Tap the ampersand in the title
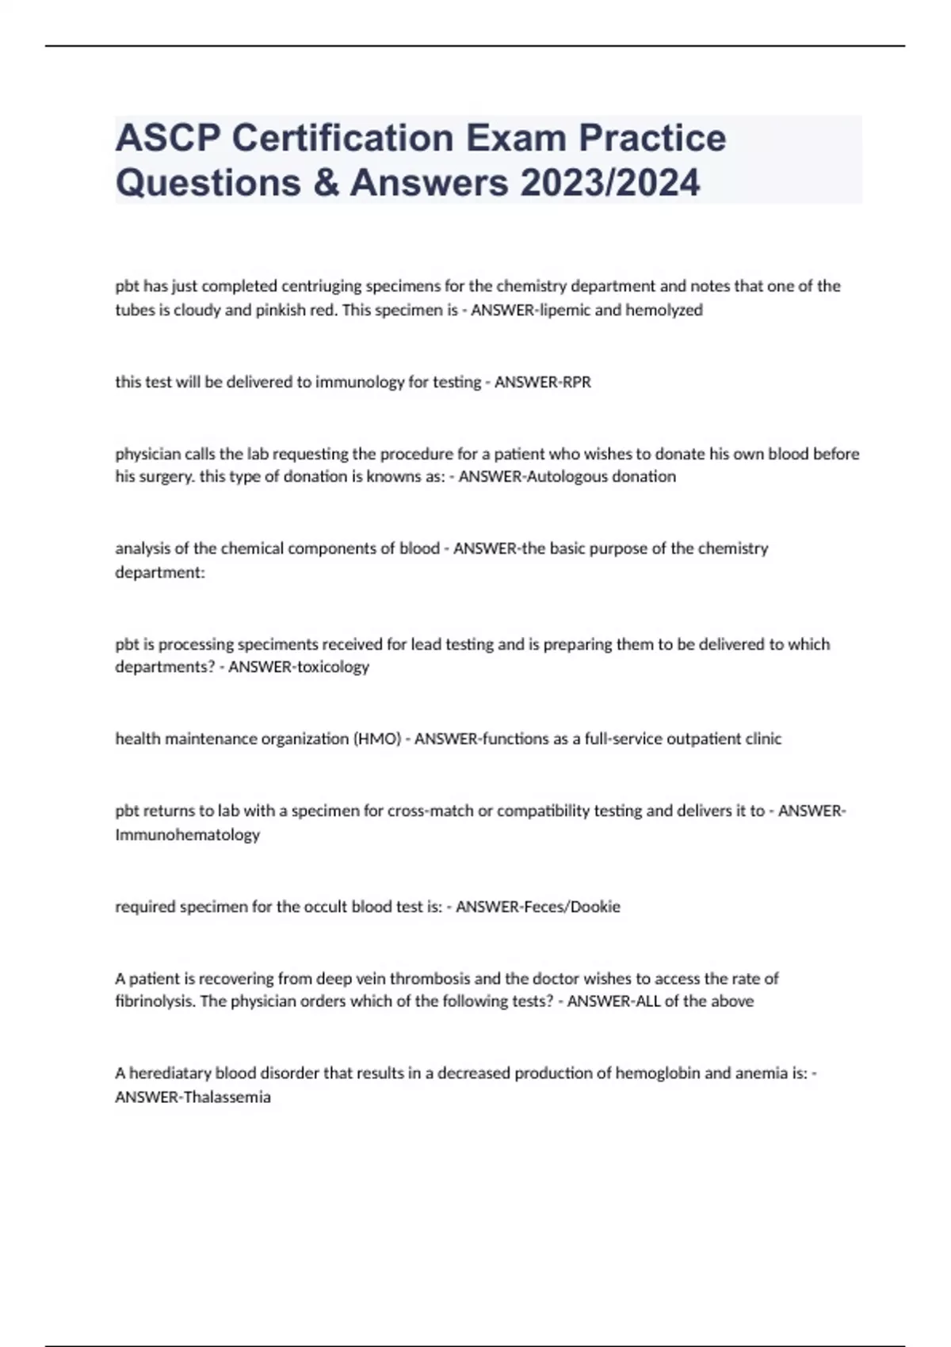(326, 183)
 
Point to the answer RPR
(576, 383)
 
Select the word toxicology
(333, 667)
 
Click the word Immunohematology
(187, 835)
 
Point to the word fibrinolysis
(155, 1002)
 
